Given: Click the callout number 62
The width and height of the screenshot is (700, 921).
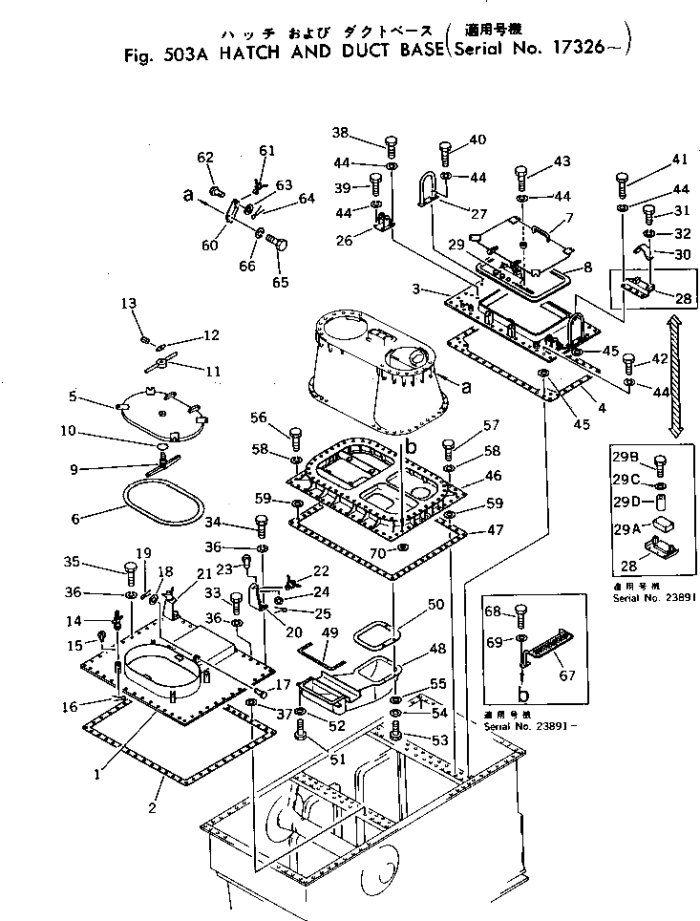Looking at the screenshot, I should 204,158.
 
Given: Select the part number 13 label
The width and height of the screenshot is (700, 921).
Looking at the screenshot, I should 129,304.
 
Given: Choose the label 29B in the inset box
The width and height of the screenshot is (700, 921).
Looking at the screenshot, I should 625,456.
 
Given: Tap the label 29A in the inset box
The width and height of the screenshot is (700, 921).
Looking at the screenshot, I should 625,524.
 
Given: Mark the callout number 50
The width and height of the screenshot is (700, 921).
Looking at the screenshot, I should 435,605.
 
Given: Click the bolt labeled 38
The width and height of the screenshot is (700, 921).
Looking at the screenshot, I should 391,146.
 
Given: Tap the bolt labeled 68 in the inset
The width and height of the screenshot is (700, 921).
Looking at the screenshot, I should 520,613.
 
